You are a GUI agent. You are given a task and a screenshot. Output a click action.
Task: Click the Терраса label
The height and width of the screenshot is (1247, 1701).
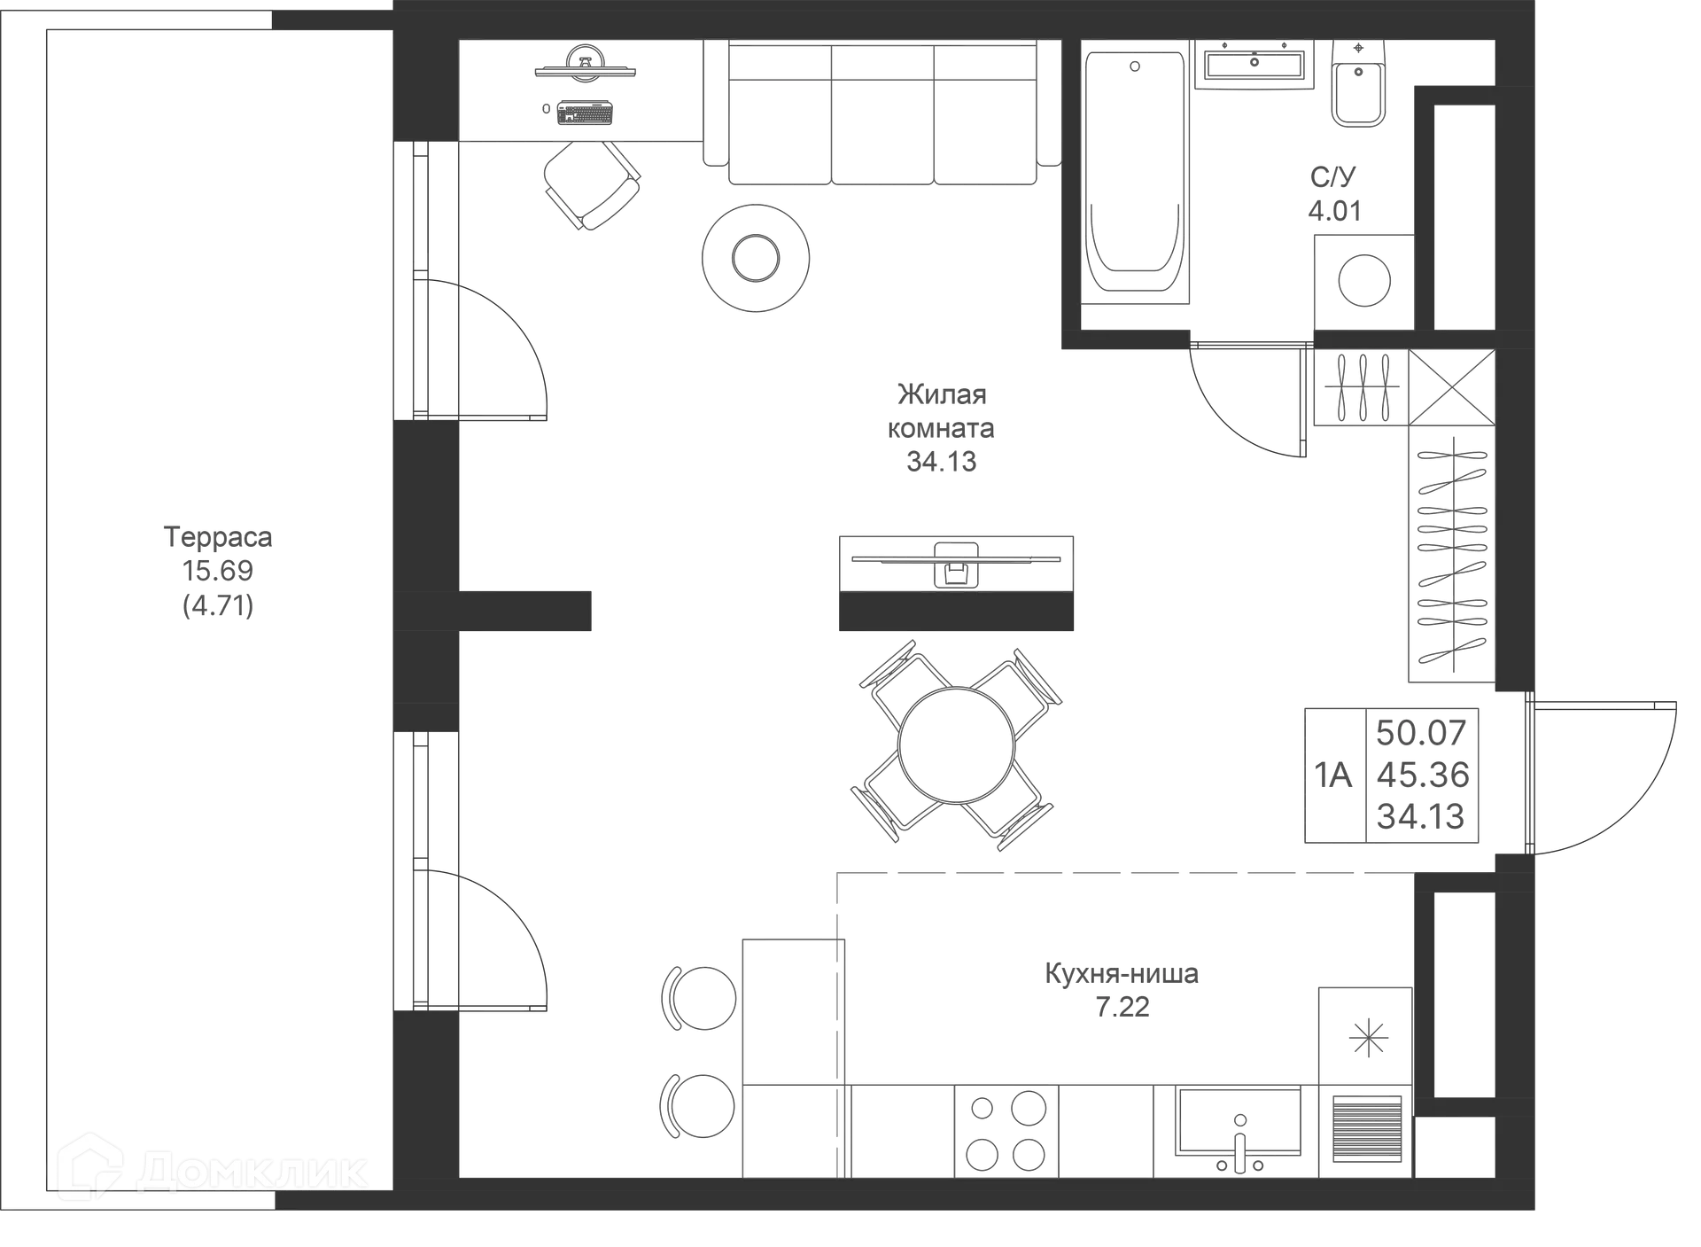(219, 537)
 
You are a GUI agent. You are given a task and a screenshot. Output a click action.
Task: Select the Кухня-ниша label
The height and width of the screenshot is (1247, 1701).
(1122, 973)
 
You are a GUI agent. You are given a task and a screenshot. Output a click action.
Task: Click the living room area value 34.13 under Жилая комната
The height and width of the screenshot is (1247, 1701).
(940, 462)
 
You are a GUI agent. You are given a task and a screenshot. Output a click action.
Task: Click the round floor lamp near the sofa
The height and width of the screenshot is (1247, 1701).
(755, 258)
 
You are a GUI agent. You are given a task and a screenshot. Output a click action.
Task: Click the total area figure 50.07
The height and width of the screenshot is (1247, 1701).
(1421, 732)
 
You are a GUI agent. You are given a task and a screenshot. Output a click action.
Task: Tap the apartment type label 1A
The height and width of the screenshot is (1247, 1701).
(1334, 775)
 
